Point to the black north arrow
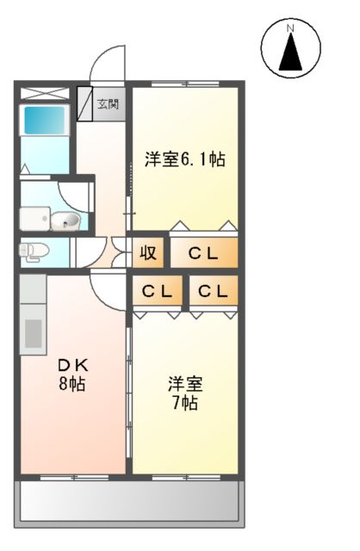[291, 53]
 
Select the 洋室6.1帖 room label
[184, 159]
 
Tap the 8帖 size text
[71, 384]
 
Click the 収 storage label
[148, 253]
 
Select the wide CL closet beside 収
[204, 253]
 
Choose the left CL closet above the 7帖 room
[157, 293]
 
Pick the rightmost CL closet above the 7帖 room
[213, 293]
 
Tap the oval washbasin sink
[65, 222]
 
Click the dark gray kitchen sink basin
[34, 331]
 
